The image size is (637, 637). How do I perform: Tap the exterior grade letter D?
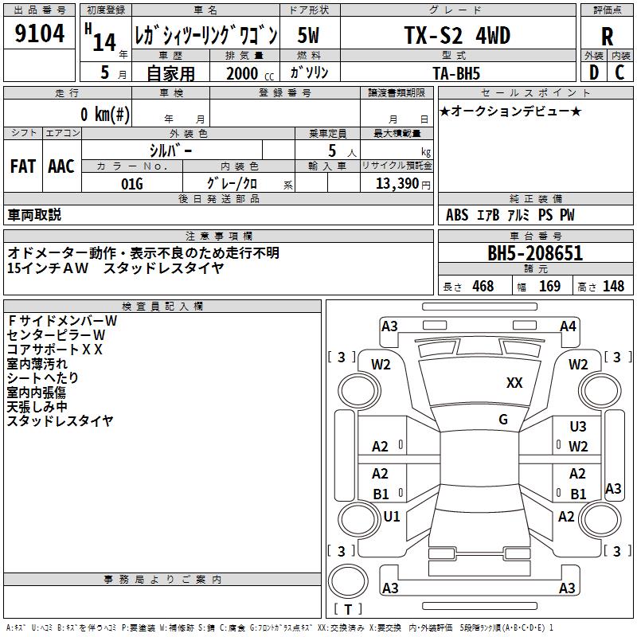tap(593, 72)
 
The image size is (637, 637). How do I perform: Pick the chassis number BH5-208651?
tap(535, 254)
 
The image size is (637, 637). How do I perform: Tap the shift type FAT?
tap(22, 166)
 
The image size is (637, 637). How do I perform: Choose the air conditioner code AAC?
tap(61, 166)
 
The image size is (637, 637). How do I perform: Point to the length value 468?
tap(483, 287)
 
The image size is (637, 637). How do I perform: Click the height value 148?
tap(613, 287)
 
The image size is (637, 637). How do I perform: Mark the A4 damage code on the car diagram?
tap(568, 326)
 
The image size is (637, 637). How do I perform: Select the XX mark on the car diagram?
tap(514, 383)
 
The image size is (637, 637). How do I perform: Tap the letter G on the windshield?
tap(503, 420)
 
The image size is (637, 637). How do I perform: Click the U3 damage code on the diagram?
tap(578, 428)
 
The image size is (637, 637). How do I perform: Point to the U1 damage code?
tap(392, 517)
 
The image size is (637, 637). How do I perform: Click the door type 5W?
tap(310, 35)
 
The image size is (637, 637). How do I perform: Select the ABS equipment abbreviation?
tap(457, 215)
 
